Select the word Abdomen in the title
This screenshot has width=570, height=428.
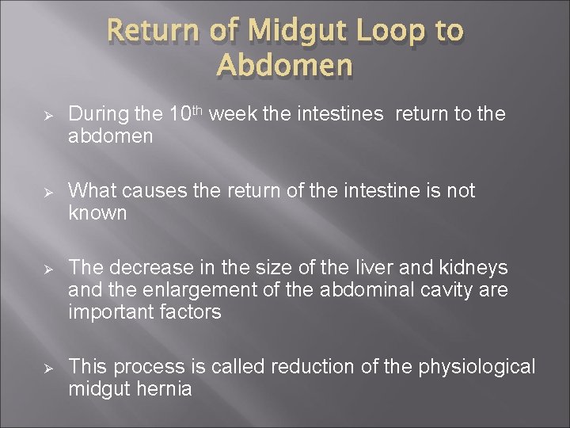click(x=284, y=66)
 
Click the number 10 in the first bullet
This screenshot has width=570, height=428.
click(x=180, y=114)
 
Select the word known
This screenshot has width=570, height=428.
click(x=97, y=213)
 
